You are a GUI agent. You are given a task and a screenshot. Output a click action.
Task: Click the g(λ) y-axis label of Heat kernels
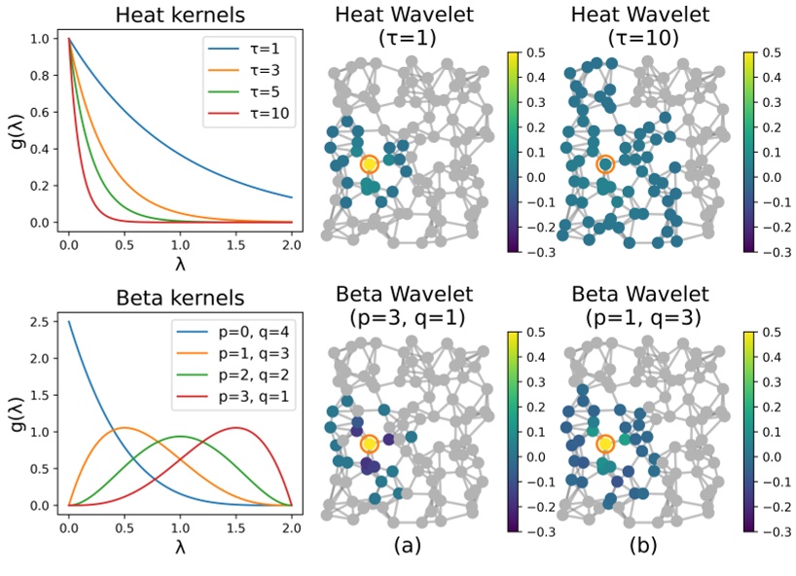pos(16,131)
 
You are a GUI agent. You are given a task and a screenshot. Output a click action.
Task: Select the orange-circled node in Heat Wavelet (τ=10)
pos(605,164)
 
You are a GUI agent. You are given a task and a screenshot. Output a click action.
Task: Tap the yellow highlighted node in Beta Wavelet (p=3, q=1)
pos(368,444)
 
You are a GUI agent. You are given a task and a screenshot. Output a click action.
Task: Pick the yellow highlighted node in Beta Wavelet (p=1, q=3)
pos(605,444)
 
